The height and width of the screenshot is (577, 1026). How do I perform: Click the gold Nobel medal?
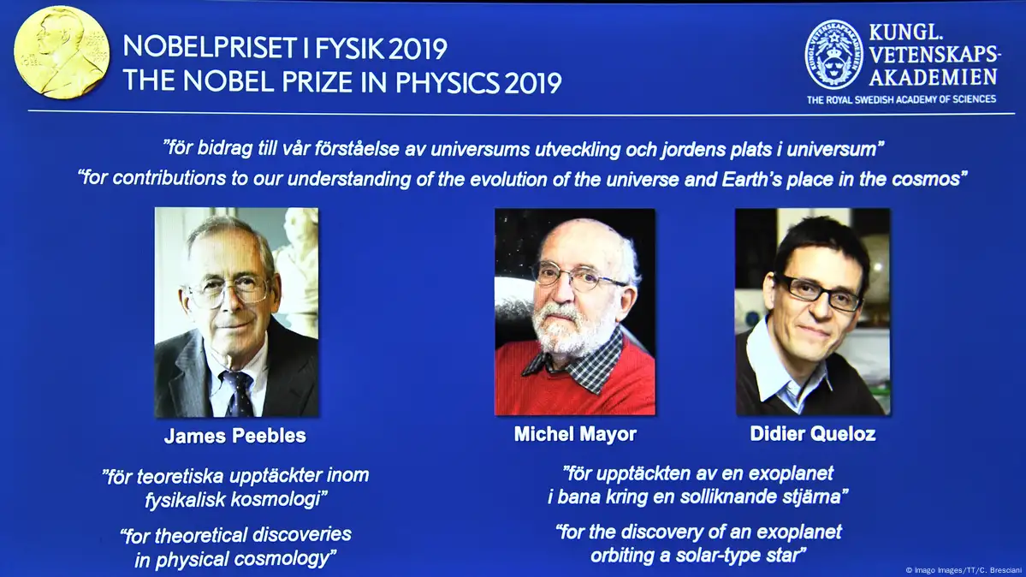62,52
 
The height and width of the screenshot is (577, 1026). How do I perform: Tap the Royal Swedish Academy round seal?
833,55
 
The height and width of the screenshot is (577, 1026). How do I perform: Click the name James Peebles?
235,437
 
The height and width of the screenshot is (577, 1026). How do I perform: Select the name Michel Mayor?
575,434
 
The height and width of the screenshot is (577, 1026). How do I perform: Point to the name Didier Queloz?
813,434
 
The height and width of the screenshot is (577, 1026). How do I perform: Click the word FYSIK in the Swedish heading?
349,49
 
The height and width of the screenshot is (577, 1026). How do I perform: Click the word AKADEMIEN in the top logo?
933,77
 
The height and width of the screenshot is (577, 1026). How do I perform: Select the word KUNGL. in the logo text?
905,32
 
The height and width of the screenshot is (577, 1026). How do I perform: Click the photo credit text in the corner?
964,570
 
